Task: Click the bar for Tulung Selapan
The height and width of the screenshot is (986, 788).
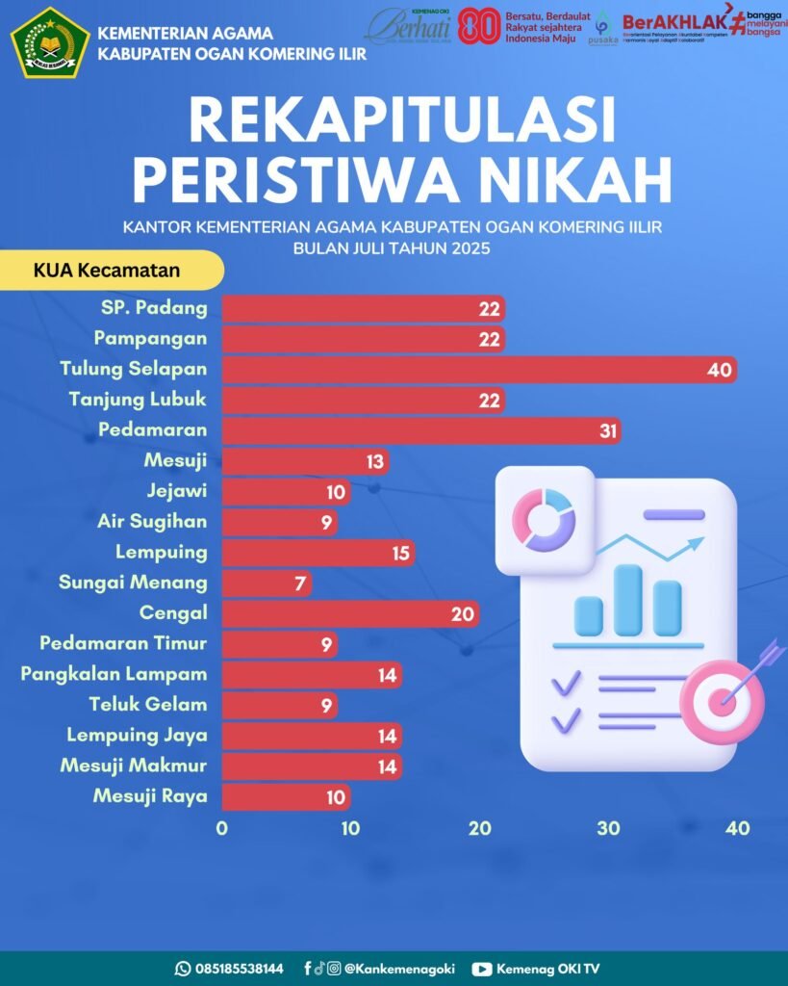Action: [479, 370]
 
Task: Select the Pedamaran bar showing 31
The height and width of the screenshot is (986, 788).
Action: [420, 430]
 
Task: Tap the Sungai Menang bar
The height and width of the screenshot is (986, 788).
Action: [267, 584]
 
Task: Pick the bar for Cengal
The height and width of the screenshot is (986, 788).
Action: [350, 614]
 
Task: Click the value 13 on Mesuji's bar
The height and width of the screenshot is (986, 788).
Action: [374, 462]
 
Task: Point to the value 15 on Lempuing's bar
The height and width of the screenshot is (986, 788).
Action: [400, 554]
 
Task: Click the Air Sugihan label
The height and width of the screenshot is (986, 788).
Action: [152, 522]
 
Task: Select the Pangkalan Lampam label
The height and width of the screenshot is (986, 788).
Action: [114, 674]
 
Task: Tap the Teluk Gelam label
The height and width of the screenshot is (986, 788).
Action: [148, 705]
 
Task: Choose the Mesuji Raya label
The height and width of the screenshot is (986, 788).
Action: [150, 796]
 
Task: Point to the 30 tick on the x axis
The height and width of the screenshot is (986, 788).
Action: [608, 828]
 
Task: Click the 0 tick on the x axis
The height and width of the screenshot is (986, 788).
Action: [222, 828]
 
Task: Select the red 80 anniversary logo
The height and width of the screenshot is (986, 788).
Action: [478, 27]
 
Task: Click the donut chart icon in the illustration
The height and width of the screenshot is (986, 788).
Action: [544, 519]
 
